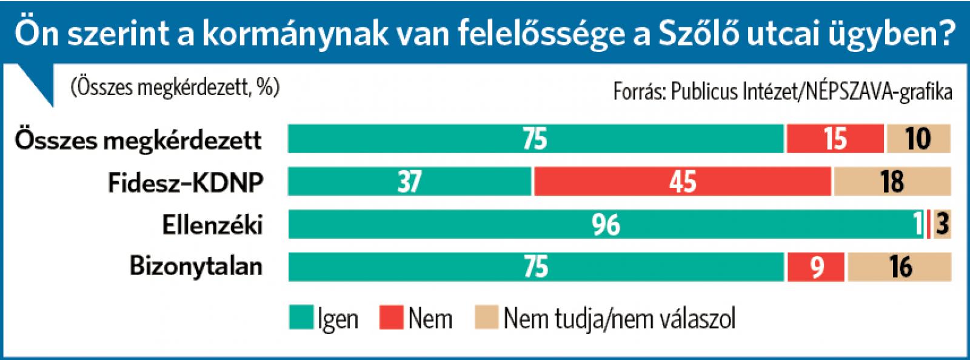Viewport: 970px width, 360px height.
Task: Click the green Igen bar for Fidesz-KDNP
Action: pos(409,182)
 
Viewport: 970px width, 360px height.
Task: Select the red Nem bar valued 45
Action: pos(683,182)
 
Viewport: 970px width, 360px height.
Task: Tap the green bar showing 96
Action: pos(605,225)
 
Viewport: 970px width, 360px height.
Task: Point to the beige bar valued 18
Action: pos(892,182)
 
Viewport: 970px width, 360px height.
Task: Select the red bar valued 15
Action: pos(835,139)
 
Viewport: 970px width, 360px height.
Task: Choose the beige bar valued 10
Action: pos(918,139)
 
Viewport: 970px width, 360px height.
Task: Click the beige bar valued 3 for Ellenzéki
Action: pos(942,225)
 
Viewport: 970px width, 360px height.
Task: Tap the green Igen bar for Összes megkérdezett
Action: pos(536,139)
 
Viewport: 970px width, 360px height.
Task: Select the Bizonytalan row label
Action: pos(196,267)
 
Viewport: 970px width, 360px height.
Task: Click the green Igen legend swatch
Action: pos(301,318)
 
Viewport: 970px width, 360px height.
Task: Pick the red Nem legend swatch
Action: pos(392,318)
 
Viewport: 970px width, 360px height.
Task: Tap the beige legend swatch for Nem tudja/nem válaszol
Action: pos(486,318)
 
